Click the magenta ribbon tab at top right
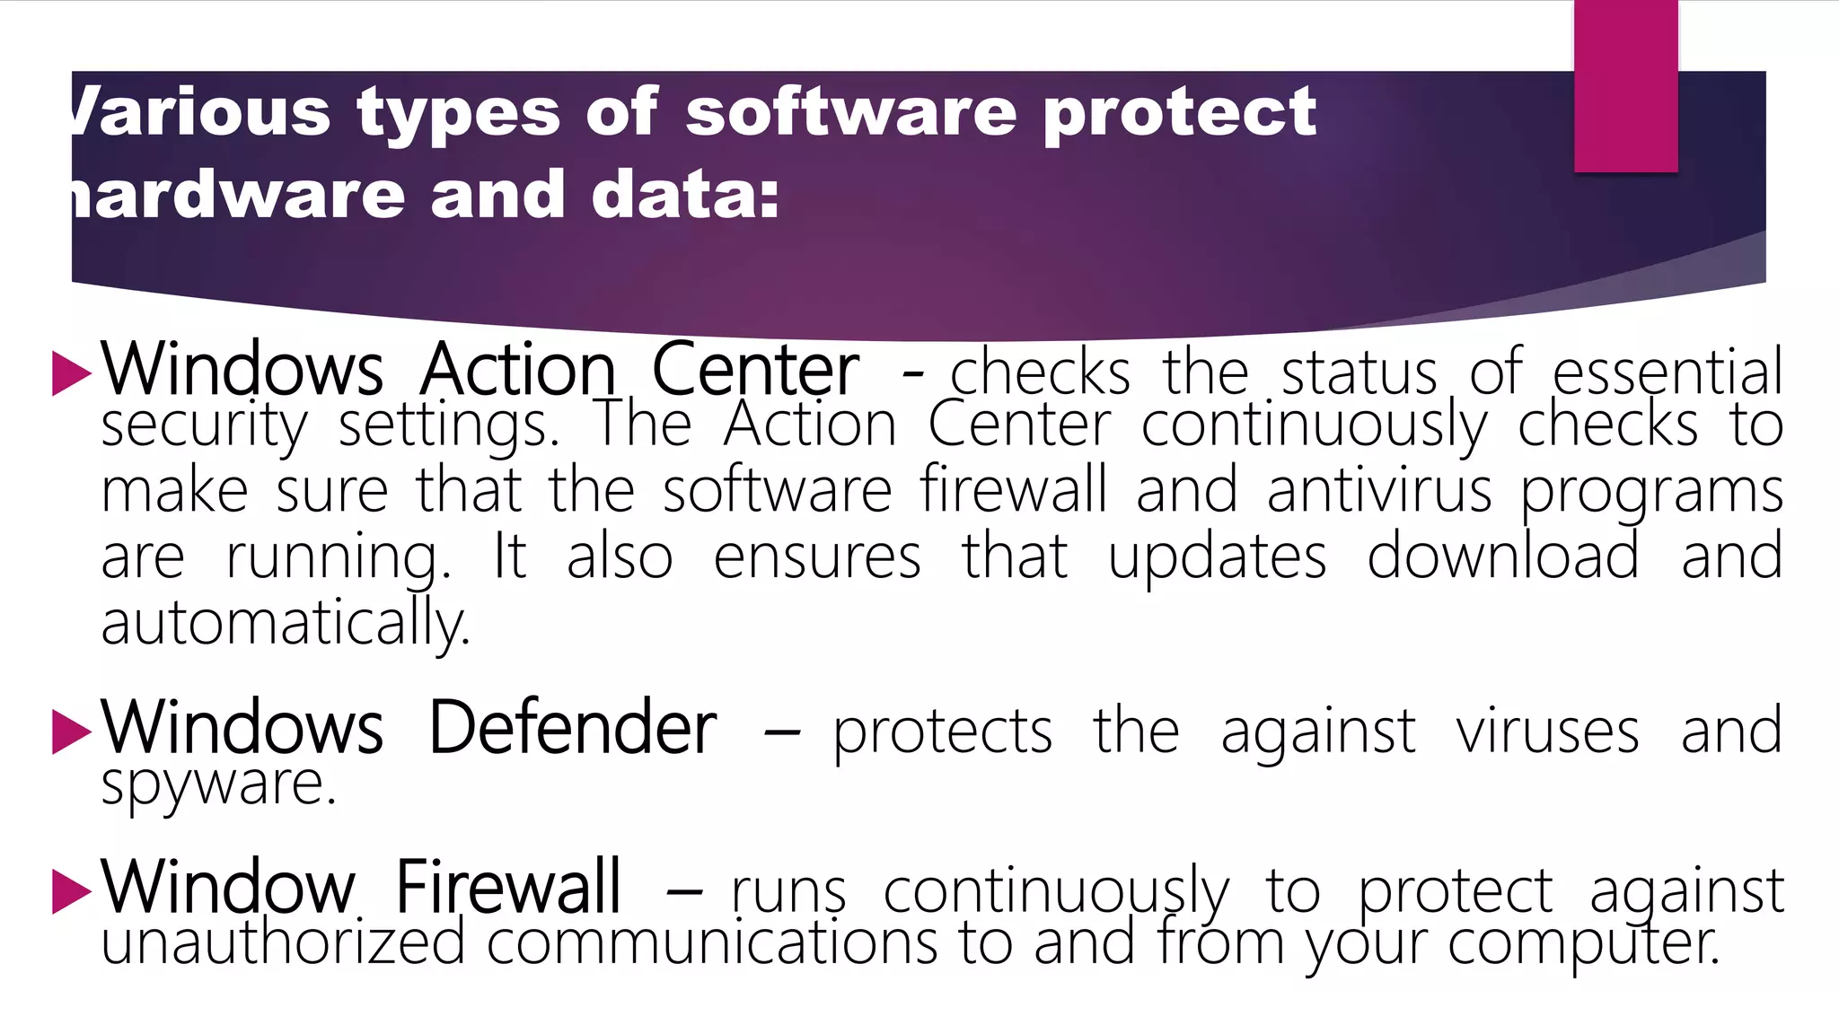tap(1625, 86)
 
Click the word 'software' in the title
tap(851, 113)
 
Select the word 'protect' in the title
tap(1179, 115)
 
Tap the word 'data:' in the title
tap(685, 195)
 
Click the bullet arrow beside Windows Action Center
tap(72, 372)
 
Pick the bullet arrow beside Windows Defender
tap(72, 731)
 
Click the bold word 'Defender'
tap(572, 728)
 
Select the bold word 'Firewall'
tap(508, 888)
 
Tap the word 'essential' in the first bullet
tap(1667, 372)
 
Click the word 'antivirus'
tap(1378, 491)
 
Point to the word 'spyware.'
tap(218, 784)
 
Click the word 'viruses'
tap(1547, 732)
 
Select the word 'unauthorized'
tap(283, 943)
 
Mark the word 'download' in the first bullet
tap(1502, 556)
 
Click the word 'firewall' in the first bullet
tap(1013, 490)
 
